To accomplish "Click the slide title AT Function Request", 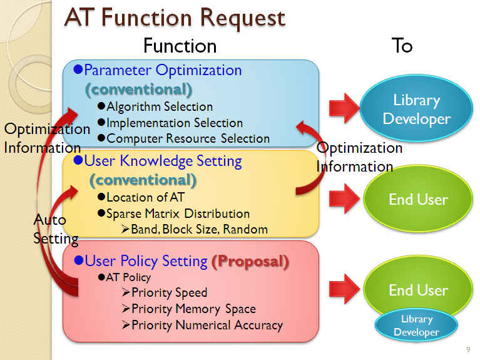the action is (175, 18).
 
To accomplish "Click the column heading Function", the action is (180, 46).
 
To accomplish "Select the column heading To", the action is (402, 46).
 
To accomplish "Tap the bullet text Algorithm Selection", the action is (160, 106).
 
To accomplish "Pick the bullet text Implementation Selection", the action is (175, 123).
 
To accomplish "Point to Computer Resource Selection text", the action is (188, 138).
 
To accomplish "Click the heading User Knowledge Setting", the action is (163, 161).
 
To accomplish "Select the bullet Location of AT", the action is (145, 197).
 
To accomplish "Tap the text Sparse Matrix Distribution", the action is (178, 213).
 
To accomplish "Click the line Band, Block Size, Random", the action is (199, 229).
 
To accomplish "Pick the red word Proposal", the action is (250, 262).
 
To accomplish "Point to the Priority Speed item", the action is (170, 292).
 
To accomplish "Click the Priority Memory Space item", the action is (193, 309).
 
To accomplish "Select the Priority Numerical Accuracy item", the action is (207, 325).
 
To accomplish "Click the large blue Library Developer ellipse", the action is (416, 108).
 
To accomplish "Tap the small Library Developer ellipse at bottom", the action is (416, 326).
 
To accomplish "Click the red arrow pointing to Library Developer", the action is (344, 108).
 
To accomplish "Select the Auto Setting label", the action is (56, 229).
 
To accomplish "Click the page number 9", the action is (468, 349).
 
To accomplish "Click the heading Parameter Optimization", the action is (163, 70).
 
